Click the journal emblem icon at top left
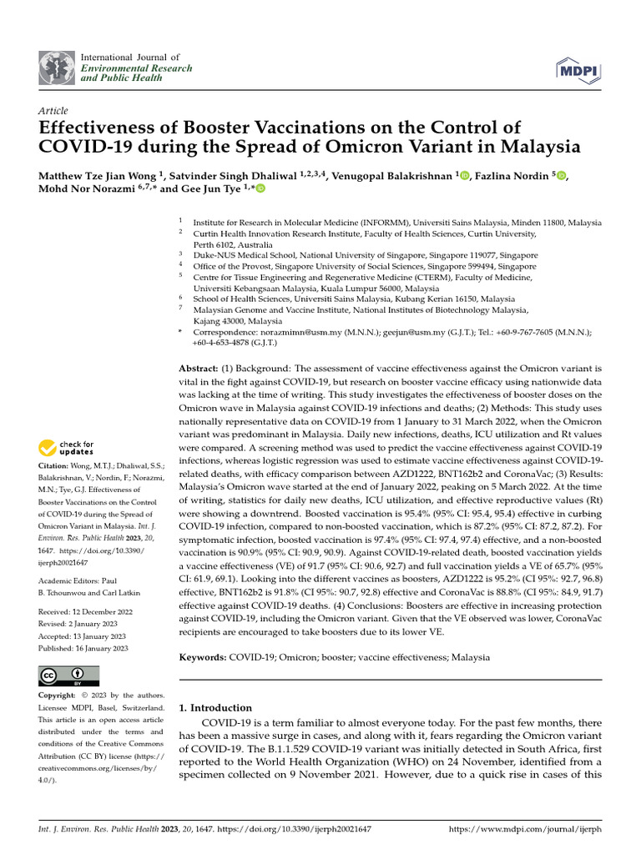pos(57,66)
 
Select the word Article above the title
pos(53,111)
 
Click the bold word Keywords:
pos(204,658)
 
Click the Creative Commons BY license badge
pos(68,676)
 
